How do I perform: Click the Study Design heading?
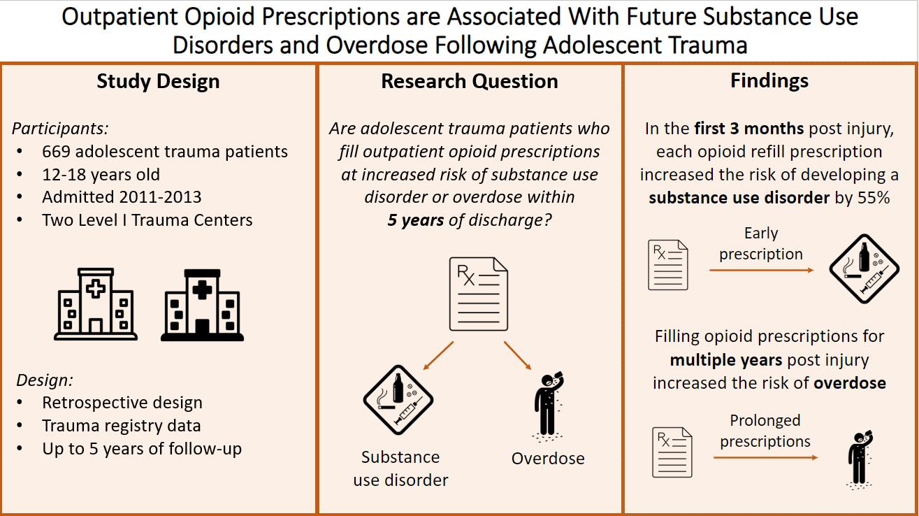tap(158, 81)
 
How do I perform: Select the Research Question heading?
tap(469, 81)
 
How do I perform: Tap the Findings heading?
tap(769, 80)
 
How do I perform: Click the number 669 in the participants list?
tap(55, 151)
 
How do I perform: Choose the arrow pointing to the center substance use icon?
tap(439, 355)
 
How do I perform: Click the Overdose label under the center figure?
tap(548, 459)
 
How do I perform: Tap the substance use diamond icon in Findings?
tap(862, 268)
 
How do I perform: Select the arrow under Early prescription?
tap(761, 269)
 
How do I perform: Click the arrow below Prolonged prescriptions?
tap(765, 457)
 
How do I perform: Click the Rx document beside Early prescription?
tap(669, 265)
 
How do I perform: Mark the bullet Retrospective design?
tap(122, 403)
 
